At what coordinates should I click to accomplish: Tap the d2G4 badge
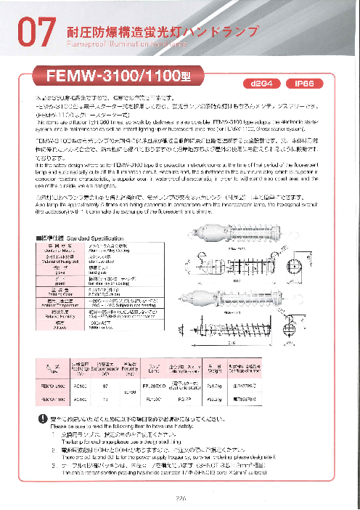pos(261,84)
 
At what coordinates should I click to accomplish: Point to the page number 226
pos(179,498)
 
